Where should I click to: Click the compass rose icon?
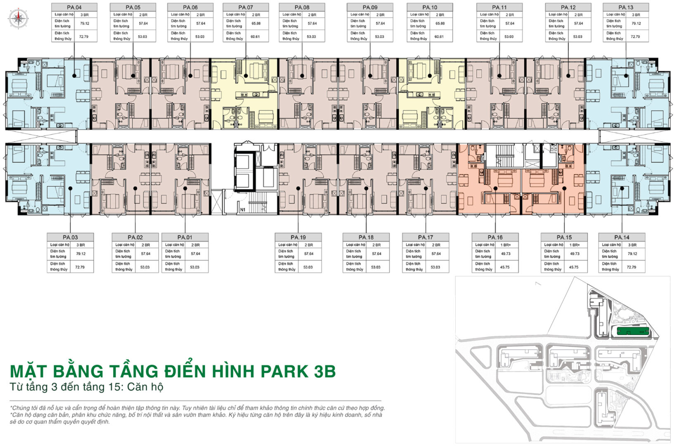[18, 18]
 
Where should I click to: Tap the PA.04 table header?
[74, 7]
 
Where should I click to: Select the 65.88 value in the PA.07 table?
[256, 24]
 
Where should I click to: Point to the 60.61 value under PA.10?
[439, 37]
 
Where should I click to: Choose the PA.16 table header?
[495, 237]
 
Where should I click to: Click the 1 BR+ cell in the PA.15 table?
[575, 245]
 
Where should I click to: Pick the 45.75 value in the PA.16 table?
[505, 267]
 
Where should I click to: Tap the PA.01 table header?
[185, 237]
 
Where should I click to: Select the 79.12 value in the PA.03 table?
[81, 254]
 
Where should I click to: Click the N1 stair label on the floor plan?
[242, 210]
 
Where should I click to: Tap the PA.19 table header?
[298, 237]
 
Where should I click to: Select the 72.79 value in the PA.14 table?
[632, 267]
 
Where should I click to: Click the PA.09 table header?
[370, 7]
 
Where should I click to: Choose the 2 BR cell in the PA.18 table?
[377, 245]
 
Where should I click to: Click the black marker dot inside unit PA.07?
[246, 76]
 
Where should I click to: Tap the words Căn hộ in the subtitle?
[145, 387]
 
